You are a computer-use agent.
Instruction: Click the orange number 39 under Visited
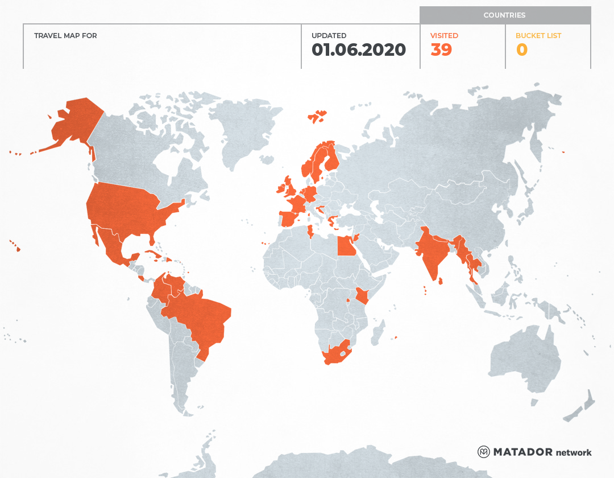441,50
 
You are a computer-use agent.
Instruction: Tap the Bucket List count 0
521,50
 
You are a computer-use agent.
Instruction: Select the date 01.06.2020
359,50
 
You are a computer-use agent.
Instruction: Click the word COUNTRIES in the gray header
504,15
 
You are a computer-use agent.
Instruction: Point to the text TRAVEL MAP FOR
65,36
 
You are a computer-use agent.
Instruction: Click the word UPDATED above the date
329,36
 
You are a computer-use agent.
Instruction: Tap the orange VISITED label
444,36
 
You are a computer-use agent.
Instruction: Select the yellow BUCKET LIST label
538,36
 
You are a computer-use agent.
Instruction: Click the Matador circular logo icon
484,452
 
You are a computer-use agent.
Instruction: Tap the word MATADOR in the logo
522,452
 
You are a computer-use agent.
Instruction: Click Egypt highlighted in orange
345,246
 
